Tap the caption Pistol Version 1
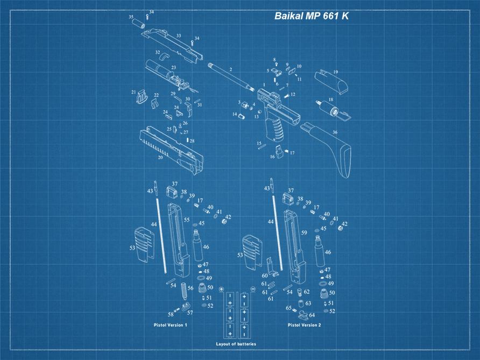tap(170, 325)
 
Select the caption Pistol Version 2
tap(304, 325)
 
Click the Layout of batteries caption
tap(236, 344)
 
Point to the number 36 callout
tap(335, 132)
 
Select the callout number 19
tap(335, 72)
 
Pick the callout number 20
tap(160, 158)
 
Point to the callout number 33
tap(178, 36)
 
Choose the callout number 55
tap(187, 220)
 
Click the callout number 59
tap(304, 232)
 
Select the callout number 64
tap(312, 315)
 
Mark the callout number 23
tap(173, 68)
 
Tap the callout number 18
tap(330, 100)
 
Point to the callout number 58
tap(170, 314)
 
